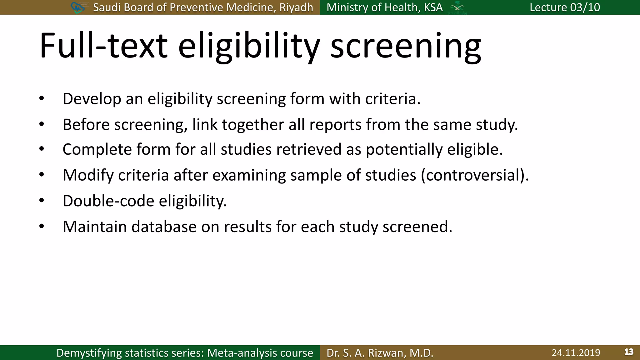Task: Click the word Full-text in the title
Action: (x=103, y=46)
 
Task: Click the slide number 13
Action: (x=629, y=352)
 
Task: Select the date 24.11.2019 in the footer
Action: (x=576, y=353)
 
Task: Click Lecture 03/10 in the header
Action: (x=565, y=7)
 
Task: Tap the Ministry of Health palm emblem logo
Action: (x=457, y=7)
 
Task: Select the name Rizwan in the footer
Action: (x=387, y=353)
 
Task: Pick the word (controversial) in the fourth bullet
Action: (x=475, y=175)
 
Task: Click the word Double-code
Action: (x=108, y=201)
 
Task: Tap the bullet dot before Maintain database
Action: (x=42, y=227)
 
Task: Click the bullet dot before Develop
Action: (x=42, y=99)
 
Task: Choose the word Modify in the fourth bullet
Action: (x=88, y=175)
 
